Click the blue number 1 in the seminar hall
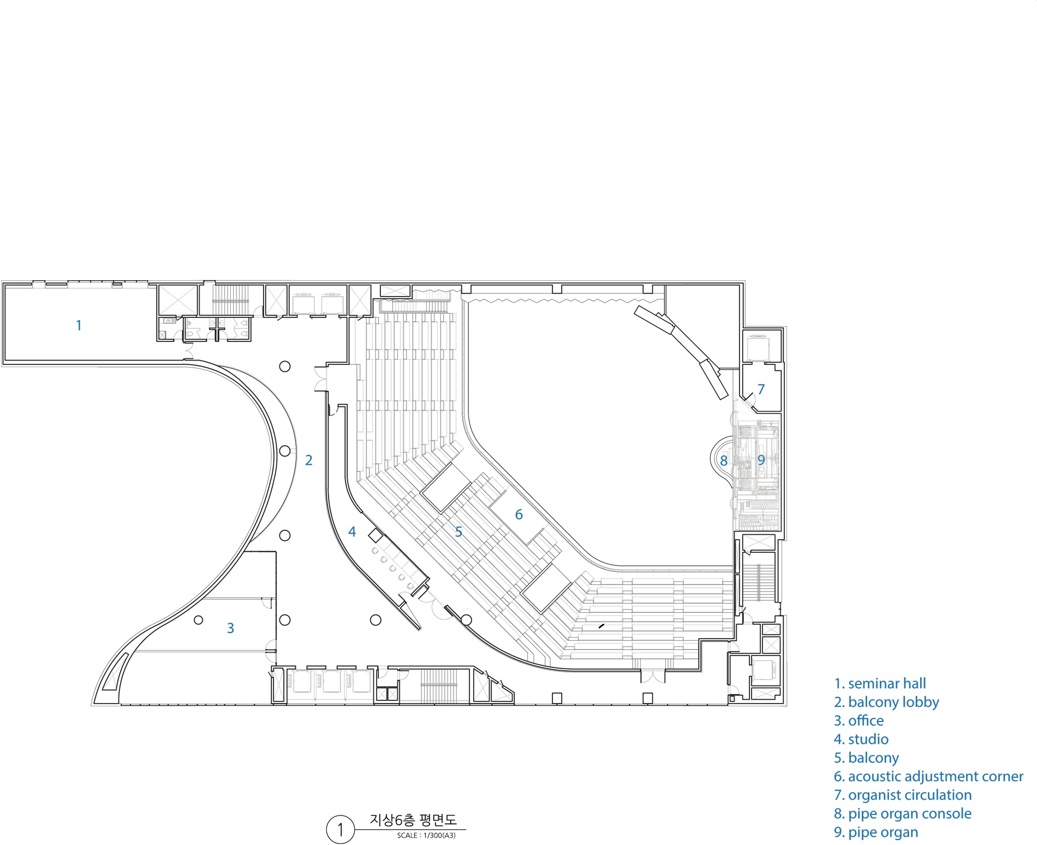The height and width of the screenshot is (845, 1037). tap(79, 326)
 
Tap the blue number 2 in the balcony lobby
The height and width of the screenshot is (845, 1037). tap(309, 460)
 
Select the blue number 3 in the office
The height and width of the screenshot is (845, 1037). tap(230, 628)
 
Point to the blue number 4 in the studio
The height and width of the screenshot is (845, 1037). tap(352, 531)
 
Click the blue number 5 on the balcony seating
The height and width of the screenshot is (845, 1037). tap(458, 532)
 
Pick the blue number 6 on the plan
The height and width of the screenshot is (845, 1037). tap(519, 515)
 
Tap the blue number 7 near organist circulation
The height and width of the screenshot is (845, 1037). tap(761, 389)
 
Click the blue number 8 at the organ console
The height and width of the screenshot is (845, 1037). tap(724, 461)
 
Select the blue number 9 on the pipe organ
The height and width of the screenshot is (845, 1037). tap(761, 460)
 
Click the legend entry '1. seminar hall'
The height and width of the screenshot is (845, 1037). tap(880, 684)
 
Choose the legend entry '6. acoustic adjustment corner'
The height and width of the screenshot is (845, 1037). tap(928, 777)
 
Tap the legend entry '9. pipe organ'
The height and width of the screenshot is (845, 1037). tap(876, 832)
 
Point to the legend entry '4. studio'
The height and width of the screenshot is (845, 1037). tap(861, 740)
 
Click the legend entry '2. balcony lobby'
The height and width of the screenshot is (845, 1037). tap(886, 702)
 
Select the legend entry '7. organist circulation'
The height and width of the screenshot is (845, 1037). tap(903, 795)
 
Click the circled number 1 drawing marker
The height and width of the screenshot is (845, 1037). tap(341, 829)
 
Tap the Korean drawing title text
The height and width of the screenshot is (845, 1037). tap(413, 820)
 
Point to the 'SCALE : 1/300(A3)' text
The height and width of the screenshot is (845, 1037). tap(426, 836)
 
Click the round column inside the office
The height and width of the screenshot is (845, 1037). tap(199, 620)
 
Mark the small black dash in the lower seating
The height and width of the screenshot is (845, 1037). tap(601, 626)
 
